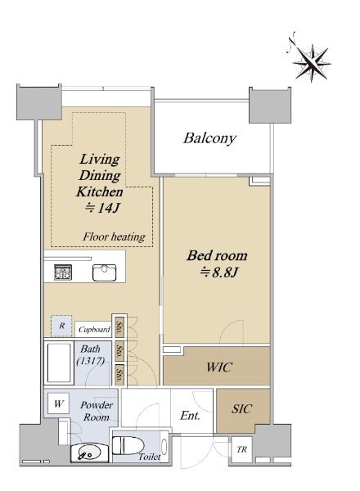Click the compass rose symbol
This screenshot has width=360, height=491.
[311, 61]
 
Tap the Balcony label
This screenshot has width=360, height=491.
[209, 139]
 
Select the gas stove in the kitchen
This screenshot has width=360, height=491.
[63, 272]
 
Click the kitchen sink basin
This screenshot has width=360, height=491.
[104, 273]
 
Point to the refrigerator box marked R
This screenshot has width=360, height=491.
[61, 326]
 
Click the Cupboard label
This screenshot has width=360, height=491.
[94, 330]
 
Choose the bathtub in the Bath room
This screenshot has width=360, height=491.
[59, 363]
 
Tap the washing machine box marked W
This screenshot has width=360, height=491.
[59, 403]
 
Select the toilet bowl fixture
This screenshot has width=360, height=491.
[128, 445]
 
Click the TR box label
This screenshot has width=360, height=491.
[241, 449]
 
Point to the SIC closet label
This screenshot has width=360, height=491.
[241, 408]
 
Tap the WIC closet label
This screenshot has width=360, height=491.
[219, 367]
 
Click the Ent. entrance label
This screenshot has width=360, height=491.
[190, 416]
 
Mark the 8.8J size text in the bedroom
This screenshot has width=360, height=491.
[219, 273]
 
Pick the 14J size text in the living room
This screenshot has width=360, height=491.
[102, 208]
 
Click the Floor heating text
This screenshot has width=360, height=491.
[114, 236]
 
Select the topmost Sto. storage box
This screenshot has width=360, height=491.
[119, 328]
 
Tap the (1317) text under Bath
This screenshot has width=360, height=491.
[91, 361]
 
